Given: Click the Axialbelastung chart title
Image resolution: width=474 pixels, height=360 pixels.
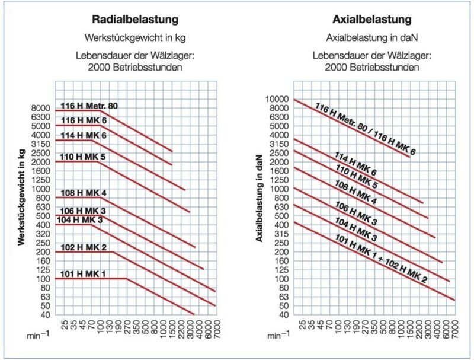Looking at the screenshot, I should click(x=372, y=20).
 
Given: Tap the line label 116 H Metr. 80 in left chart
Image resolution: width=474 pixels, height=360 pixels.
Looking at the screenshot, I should click(x=89, y=106).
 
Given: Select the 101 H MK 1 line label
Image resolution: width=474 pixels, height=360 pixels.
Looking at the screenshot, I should click(x=83, y=273).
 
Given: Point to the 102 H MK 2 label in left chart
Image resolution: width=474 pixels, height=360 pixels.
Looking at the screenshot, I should click(x=83, y=247).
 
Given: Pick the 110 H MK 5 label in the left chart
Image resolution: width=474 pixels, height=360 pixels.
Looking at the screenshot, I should click(x=83, y=157).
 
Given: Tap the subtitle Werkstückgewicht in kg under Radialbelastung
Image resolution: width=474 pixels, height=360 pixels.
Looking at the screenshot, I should click(x=136, y=37).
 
